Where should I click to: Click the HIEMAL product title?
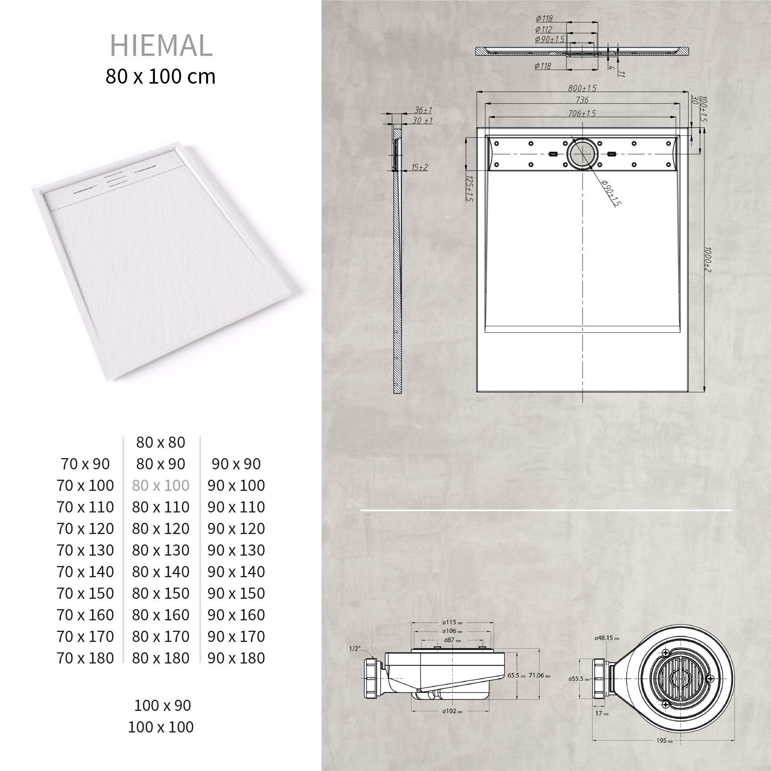click(161, 46)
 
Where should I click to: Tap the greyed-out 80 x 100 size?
click(160, 485)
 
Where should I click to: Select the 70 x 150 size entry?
click(85, 593)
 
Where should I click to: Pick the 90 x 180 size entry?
click(236, 658)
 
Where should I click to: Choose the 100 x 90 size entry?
click(163, 705)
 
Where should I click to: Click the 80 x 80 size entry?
click(160, 442)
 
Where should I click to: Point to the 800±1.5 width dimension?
click(582, 88)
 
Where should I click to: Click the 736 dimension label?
click(582, 100)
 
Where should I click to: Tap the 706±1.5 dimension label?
click(582, 113)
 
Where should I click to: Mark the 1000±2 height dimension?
click(707, 260)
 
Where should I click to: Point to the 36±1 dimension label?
click(423, 110)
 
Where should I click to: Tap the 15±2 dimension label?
click(420, 167)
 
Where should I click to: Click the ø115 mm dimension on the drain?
click(452, 622)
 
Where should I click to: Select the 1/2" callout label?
click(354, 648)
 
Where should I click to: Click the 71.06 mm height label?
click(539, 675)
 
